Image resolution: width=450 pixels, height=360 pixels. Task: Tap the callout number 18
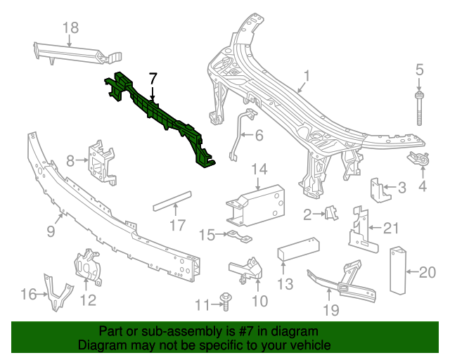[70, 27]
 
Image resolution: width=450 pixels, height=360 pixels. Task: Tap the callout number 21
[391, 226]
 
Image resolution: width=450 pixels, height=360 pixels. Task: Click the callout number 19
[330, 310]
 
